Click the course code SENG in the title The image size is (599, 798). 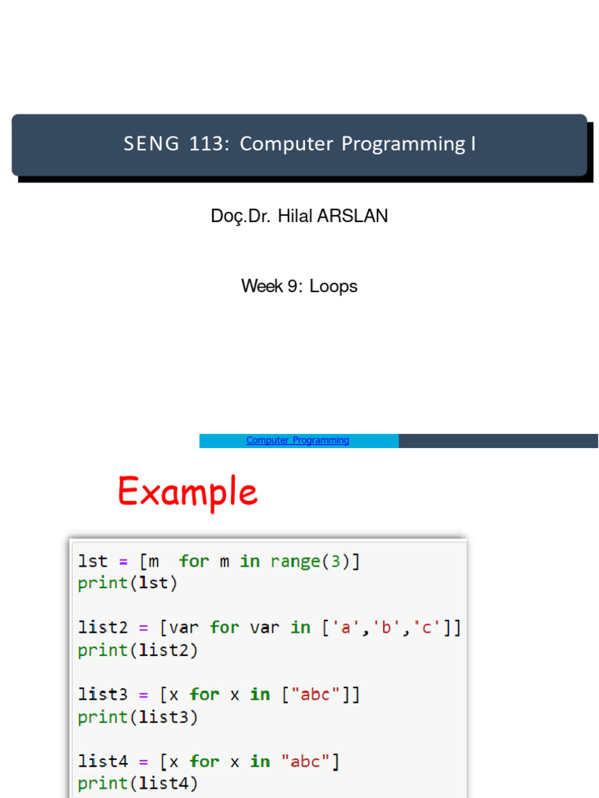tap(151, 143)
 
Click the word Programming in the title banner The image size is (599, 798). tap(403, 144)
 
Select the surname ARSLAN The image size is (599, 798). tap(353, 216)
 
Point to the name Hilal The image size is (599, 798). tap(295, 216)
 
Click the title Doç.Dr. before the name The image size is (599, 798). tap(240, 217)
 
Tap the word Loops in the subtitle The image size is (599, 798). tap(333, 287)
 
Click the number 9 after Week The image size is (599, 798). tap(293, 286)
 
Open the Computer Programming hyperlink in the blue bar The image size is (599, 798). tap(297, 440)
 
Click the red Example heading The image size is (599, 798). tap(188, 493)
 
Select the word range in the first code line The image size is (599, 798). tap(296, 561)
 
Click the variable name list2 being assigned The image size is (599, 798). tap(103, 627)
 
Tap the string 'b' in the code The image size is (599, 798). tap(386, 627)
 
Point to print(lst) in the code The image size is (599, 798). tap(127, 583)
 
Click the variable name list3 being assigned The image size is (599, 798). tap(103, 694)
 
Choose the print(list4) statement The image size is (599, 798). tap(137, 783)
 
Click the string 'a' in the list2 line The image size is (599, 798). tap(346, 627)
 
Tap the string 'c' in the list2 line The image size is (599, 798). tap(427, 627)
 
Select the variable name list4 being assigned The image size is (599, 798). tap(103, 761)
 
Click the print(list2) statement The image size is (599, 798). tap(137, 650)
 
